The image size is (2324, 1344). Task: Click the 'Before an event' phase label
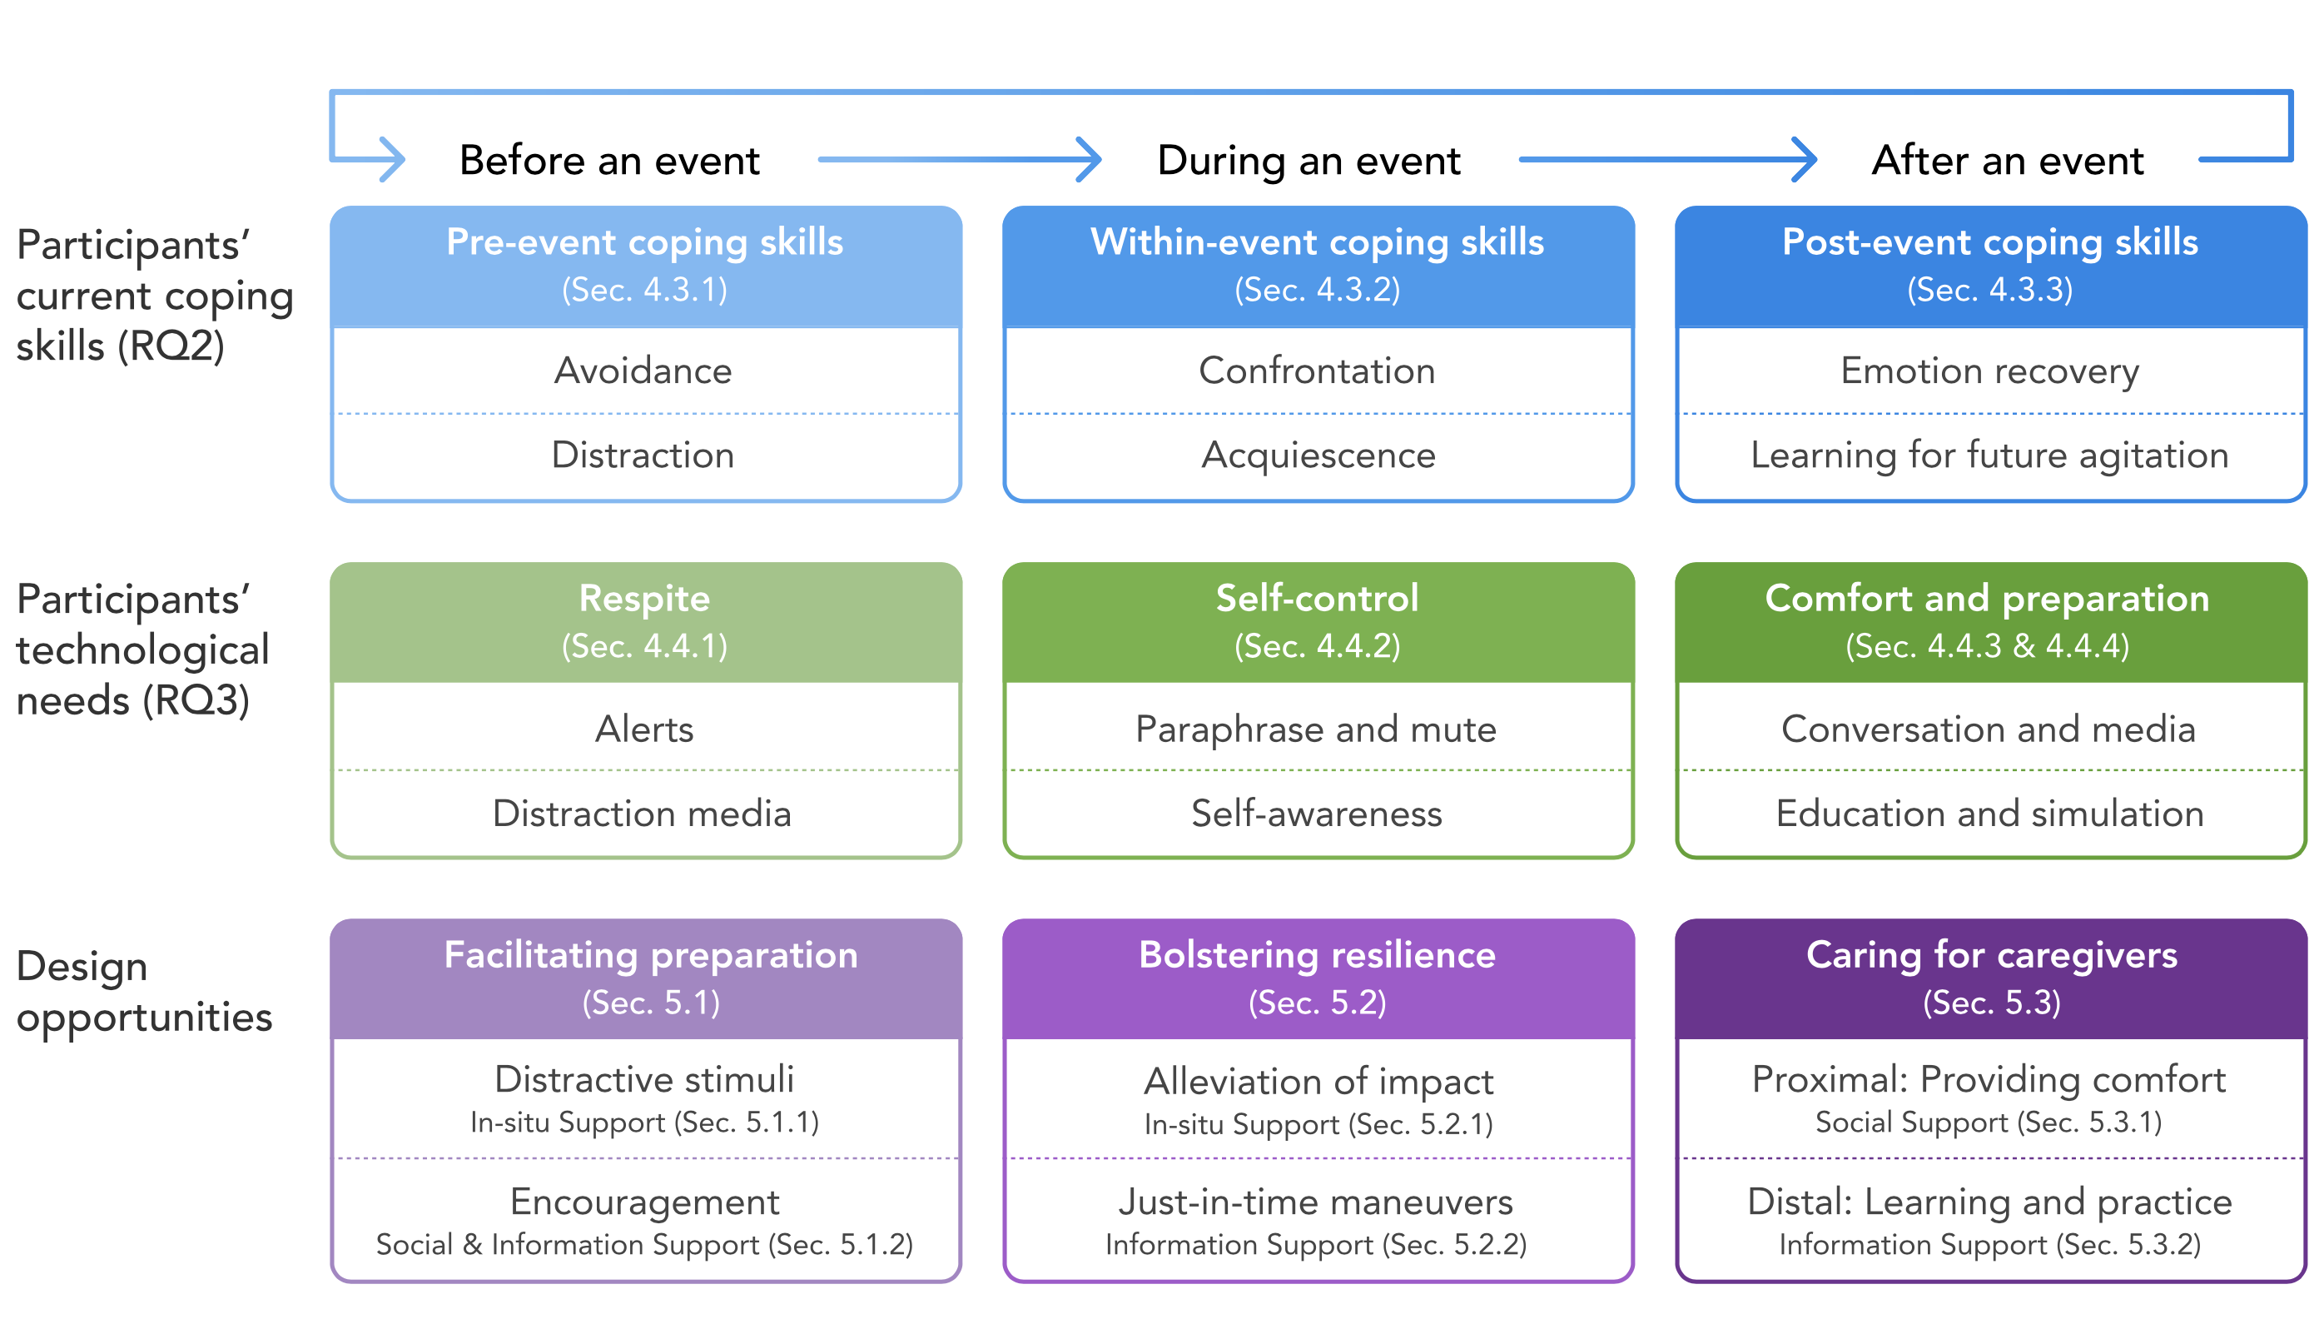click(x=609, y=161)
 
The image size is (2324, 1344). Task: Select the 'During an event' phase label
click(x=1308, y=161)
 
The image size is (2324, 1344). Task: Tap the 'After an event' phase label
click(x=2008, y=161)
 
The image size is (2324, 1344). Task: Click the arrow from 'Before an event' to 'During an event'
click(x=959, y=160)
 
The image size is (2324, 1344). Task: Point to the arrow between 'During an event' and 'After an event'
click(x=1667, y=160)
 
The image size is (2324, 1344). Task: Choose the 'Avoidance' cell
click(x=643, y=371)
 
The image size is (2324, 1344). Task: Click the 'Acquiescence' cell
click(x=1318, y=455)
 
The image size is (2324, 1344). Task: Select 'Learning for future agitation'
click(x=1990, y=455)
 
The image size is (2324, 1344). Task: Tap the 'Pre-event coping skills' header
click(x=644, y=241)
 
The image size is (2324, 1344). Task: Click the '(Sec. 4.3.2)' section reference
click(x=1318, y=290)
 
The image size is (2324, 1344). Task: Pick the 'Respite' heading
click(x=644, y=599)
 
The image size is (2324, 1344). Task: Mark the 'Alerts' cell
click(x=644, y=729)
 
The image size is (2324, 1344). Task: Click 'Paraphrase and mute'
click(x=1316, y=729)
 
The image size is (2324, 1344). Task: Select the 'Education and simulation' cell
click(x=1990, y=814)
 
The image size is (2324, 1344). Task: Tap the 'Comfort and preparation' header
click(x=1988, y=599)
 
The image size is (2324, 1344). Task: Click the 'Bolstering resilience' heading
click(x=1318, y=955)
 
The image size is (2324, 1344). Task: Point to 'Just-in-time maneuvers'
click(x=1316, y=1202)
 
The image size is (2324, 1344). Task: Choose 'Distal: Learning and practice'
click(x=1990, y=1202)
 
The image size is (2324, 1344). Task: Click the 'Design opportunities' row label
click(x=145, y=992)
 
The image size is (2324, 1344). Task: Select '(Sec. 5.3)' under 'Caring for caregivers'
click(x=1992, y=1003)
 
